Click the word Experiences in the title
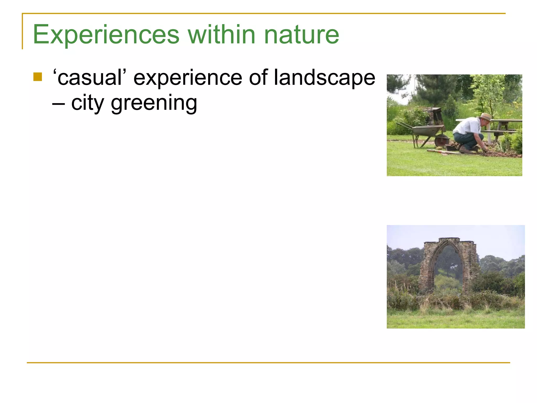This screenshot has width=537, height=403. click(x=106, y=35)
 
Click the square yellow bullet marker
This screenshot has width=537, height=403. click(x=38, y=77)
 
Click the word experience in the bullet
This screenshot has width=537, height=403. click(x=188, y=78)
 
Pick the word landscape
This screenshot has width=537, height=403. click(x=325, y=78)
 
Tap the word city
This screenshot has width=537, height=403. click(x=88, y=103)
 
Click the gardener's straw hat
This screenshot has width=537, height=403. click(x=486, y=117)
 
